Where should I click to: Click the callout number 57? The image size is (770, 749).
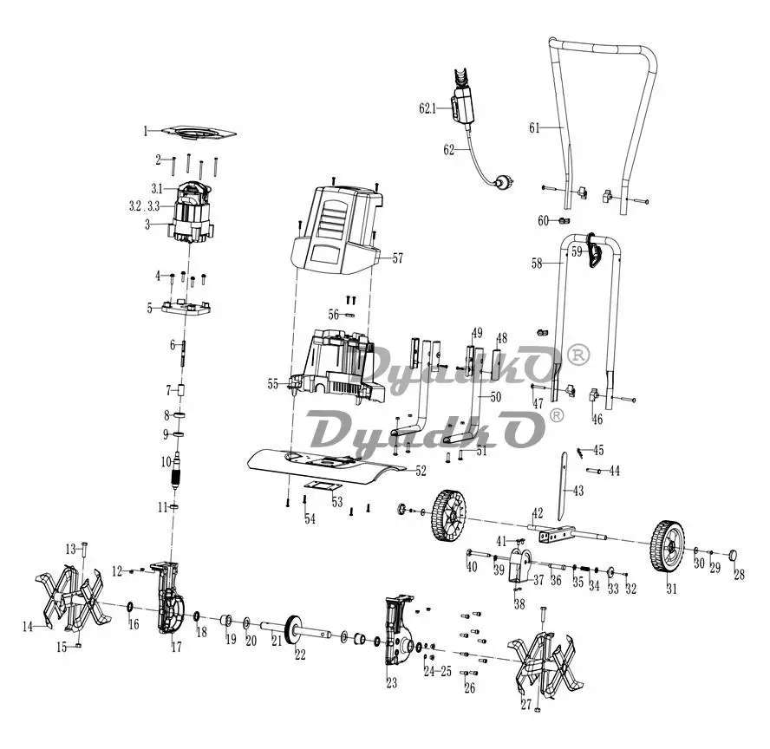tap(397, 258)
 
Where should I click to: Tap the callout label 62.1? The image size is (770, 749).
tap(427, 108)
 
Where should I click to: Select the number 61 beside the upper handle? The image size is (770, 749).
tap(534, 128)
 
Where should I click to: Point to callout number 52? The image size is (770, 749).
tap(421, 471)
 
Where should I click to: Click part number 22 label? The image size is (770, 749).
tap(300, 655)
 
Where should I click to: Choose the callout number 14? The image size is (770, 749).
tap(28, 627)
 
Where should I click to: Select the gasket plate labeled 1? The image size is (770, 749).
tap(199, 133)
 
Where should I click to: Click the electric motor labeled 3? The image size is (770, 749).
tap(192, 212)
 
